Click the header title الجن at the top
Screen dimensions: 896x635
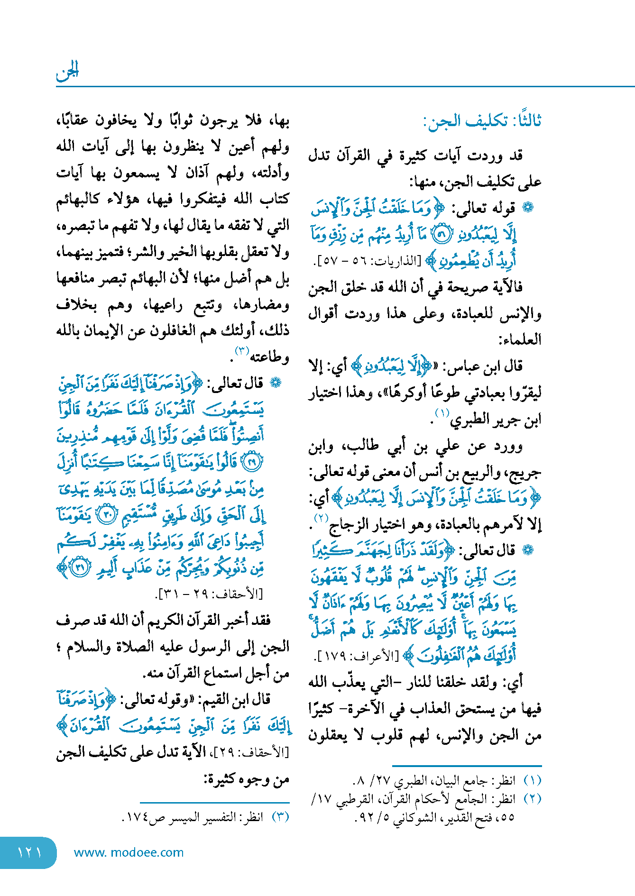tap(67, 72)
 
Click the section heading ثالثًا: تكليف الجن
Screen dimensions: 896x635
tap(482, 121)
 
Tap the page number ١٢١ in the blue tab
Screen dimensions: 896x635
tap(29, 852)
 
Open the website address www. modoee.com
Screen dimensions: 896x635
tap(129, 852)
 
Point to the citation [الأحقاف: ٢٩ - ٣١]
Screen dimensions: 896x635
tap(209, 594)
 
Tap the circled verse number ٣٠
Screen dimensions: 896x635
tap(106, 516)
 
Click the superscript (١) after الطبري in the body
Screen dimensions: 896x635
tap(442, 413)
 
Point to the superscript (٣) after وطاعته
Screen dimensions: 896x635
tap(242, 351)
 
